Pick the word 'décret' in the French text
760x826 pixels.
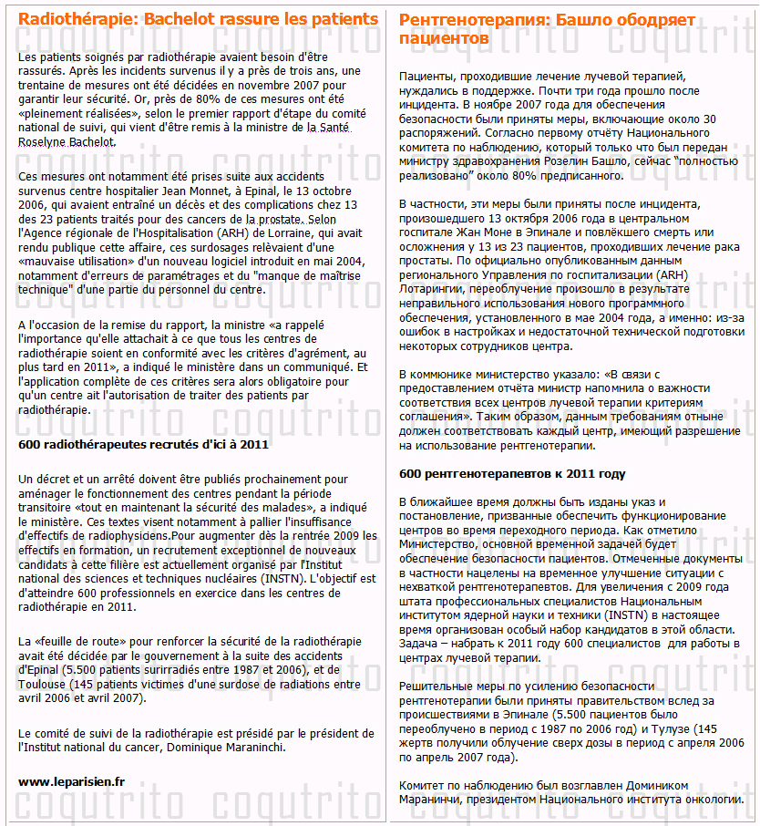pos(51,479)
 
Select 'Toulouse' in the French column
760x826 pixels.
pos(45,685)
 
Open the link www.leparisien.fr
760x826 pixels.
pos(72,781)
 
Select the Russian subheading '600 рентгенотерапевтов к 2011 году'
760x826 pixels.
pos(512,474)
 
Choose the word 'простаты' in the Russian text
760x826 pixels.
pos(425,259)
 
